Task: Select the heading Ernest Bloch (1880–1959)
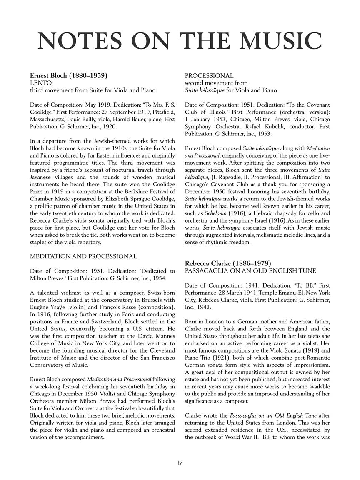(x=69, y=76)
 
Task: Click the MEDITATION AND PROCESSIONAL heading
(x=83, y=256)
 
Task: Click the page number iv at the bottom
(x=180, y=462)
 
